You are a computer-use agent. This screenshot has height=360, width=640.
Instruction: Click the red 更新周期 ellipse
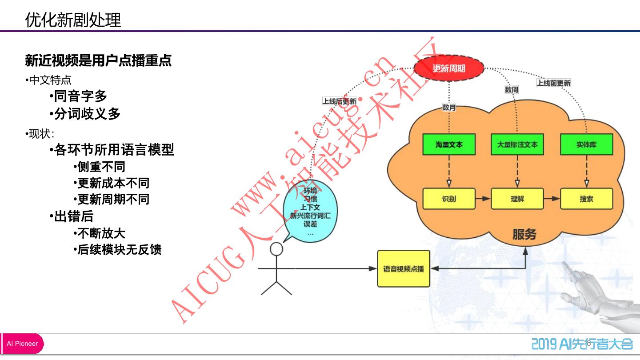click(449, 68)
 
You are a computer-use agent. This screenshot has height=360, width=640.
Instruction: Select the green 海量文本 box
click(449, 144)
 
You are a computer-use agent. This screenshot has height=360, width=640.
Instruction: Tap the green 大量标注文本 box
click(517, 144)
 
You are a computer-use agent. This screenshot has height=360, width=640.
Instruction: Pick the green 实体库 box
click(586, 144)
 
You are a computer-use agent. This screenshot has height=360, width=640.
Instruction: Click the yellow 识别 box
click(449, 199)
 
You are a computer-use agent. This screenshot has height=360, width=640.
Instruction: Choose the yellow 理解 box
click(517, 199)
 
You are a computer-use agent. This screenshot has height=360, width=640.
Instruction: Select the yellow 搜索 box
click(586, 199)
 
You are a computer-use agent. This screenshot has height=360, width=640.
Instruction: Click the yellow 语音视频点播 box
click(404, 268)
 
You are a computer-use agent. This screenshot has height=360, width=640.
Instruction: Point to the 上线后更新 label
click(339, 101)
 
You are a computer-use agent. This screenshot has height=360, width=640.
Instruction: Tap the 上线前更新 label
click(553, 83)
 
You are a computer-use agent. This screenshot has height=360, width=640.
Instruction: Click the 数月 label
click(449, 107)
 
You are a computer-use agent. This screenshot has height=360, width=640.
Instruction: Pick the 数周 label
click(512, 90)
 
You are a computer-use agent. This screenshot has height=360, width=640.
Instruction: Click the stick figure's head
click(276, 249)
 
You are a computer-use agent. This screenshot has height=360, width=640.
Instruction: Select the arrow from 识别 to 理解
click(483, 199)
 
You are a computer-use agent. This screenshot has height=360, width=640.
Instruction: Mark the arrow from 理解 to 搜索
click(552, 199)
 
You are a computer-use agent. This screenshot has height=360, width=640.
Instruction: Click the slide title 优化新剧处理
click(73, 20)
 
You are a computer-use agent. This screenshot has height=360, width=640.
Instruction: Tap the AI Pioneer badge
click(22, 344)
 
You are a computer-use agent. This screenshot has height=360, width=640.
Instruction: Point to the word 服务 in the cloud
click(524, 234)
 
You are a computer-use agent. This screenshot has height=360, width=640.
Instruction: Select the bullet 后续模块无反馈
click(119, 250)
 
